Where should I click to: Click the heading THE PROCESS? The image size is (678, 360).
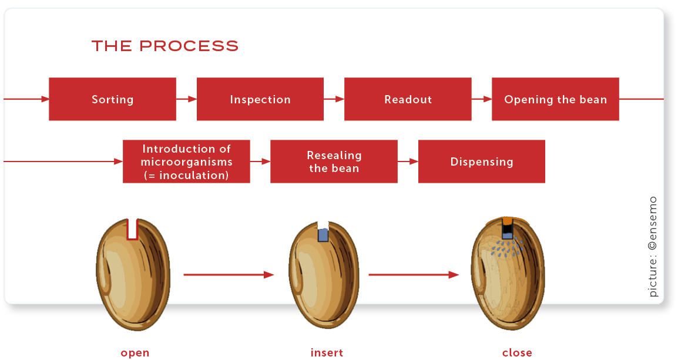[165, 46]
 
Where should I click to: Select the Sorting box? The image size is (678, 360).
[112, 99]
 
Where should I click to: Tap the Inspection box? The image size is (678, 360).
[260, 99]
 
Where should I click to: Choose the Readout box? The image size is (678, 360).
[408, 99]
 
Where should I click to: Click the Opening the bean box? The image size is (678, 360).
[555, 99]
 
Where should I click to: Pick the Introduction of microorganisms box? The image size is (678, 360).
[186, 162]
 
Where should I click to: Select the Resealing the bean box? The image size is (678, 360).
[334, 162]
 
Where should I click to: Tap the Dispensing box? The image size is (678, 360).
[481, 162]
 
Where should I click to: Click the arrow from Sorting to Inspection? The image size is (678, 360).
[186, 99]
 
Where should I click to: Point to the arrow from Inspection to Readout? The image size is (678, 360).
[334, 99]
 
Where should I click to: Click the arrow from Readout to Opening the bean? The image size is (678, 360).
[481, 99]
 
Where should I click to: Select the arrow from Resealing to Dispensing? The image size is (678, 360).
[408, 162]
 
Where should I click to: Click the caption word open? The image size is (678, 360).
[135, 353]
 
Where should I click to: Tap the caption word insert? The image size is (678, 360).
[327, 353]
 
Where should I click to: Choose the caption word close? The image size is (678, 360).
[517, 353]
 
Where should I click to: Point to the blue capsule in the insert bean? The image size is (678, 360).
[323, 235]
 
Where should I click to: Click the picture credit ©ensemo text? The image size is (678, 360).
[653, 247]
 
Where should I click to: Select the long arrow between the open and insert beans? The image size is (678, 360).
[229, 274]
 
